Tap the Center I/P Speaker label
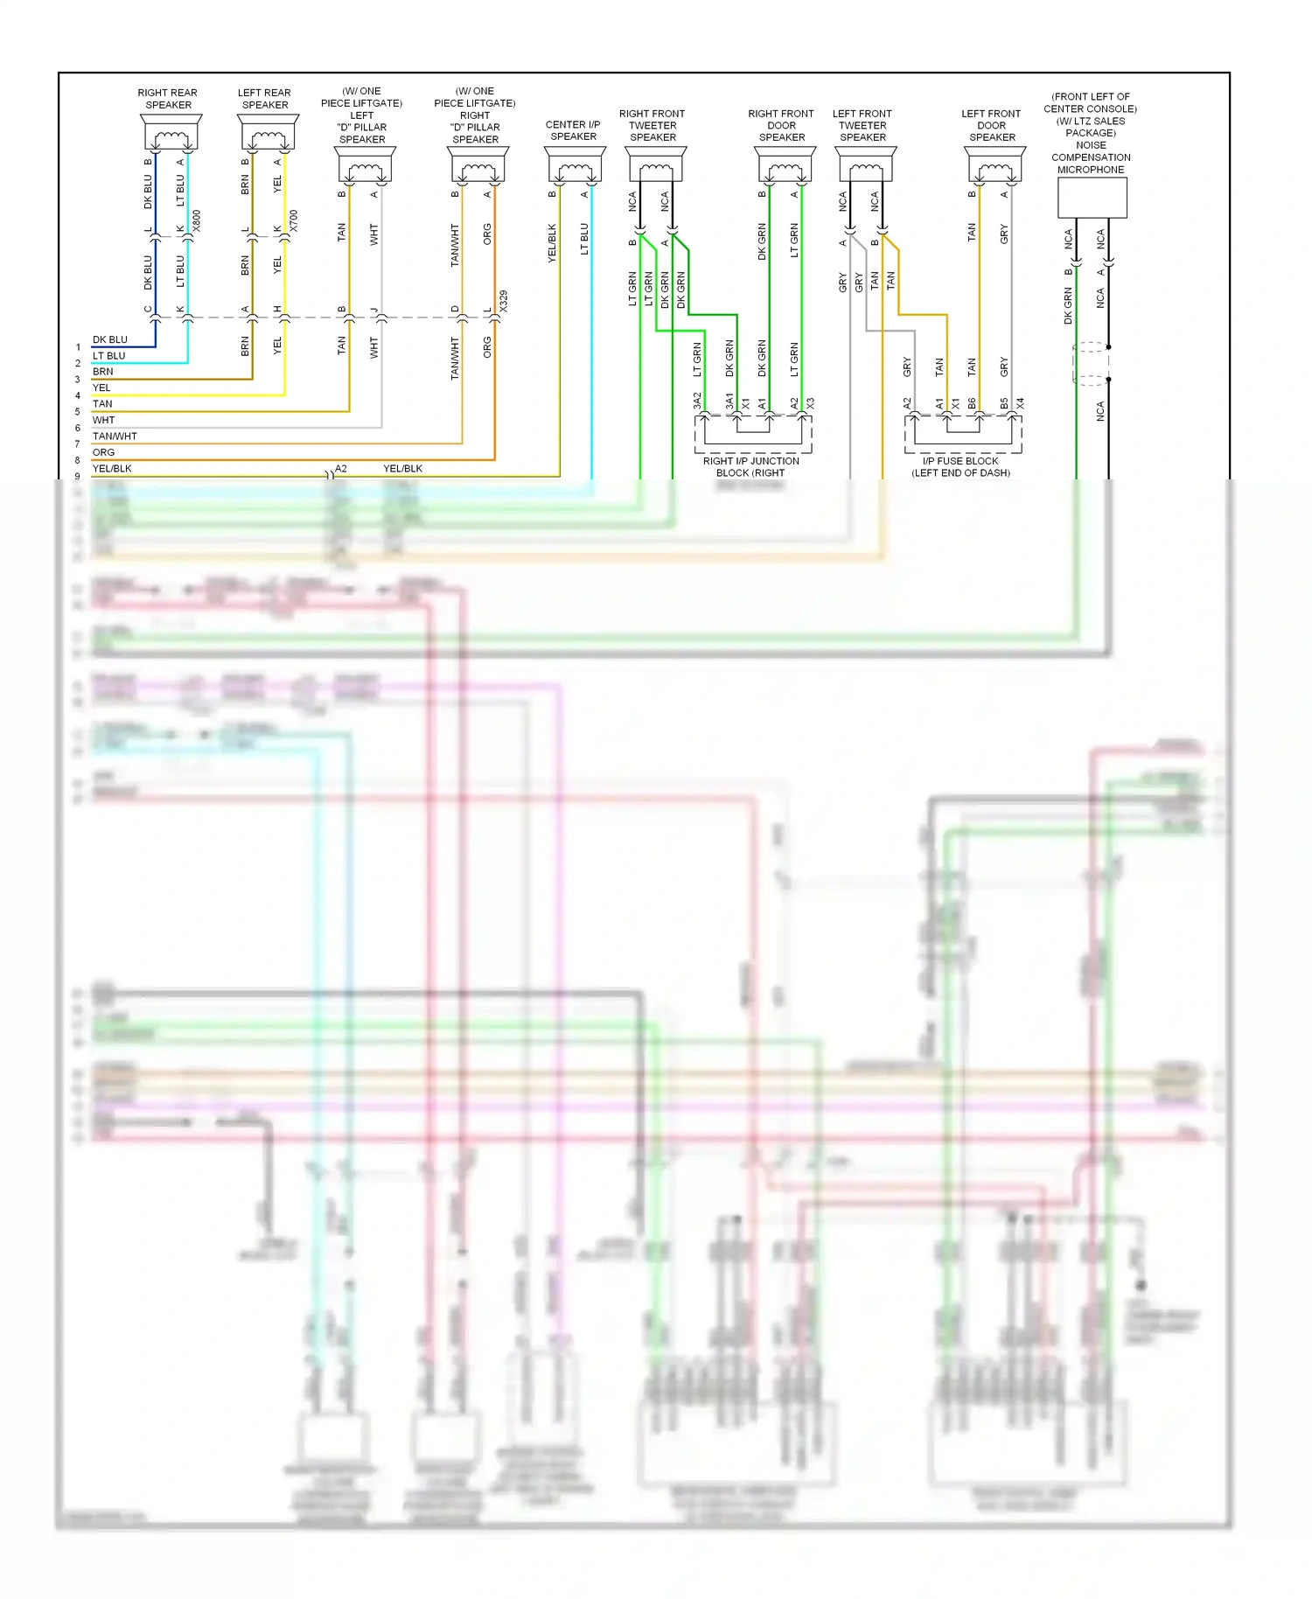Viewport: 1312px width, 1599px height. pyautogui.click(x=573, y=130)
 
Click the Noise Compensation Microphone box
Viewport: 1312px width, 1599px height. pyautogui.click(x=1092, y=198)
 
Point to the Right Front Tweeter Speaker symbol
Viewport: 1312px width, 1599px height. pyautogui.click(x=655, y=164)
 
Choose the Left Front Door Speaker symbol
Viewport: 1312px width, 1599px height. pyautogui.click(x=994, y=164)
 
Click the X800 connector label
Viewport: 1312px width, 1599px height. pyautogui.click(x=197, y=220)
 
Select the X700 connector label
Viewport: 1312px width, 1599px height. pyautogui.click(x=294, y=220)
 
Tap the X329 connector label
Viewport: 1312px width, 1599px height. pyautogui.click(x=504, y=302)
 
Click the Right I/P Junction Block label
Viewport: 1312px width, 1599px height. pyautogui.click(x=750, y=467)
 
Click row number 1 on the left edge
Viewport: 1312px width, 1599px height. pyautogui.click(x=78, y=347)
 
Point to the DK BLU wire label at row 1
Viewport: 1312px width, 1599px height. pyautogui.click(x=110, y=339)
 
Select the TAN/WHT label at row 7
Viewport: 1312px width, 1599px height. pyautogui.click(x=115, y=436)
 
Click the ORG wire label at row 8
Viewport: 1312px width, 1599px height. pyautogui.click(x=103, y=452)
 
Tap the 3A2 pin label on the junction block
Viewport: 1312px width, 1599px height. pyautogui.click(x=697, y=401)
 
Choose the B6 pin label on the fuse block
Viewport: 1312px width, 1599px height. pyautogui.click(x=972, y=403)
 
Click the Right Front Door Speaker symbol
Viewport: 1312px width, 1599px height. pyautogui.click(x=785, y=164)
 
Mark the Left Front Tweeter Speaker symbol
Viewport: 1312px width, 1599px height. pyautogui.click(x=865, y=164)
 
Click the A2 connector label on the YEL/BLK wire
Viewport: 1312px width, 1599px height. pyautogui.click(x=341, y=469)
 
